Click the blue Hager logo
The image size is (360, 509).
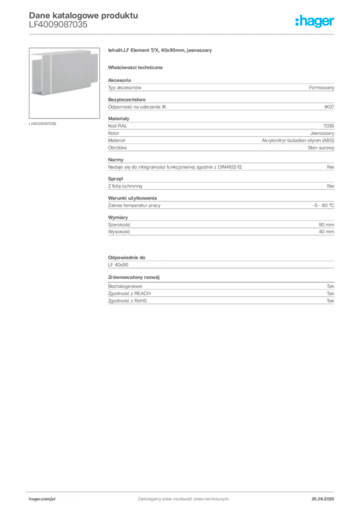point(316,22)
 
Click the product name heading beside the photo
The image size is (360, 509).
point(161,51)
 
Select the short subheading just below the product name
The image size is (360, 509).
point(137,67)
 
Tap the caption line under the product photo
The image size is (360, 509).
point(44,124)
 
